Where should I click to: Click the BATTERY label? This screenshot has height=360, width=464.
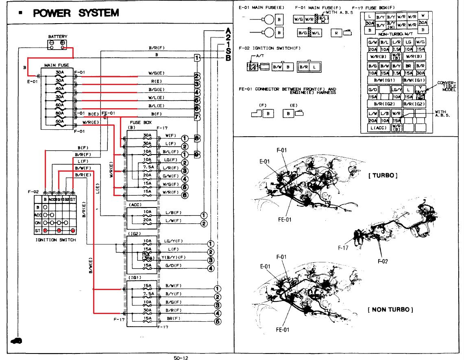58,36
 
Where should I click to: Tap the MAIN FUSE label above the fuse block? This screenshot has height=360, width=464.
57,65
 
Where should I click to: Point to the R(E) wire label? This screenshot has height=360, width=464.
156,82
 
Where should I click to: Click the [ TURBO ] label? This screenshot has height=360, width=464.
382,175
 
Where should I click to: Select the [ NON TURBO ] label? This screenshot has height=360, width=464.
390,310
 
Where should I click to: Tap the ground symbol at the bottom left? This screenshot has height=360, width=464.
16,340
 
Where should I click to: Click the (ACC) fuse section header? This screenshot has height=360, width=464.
135,204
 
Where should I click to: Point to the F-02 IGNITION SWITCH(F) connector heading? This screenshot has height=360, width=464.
269,48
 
